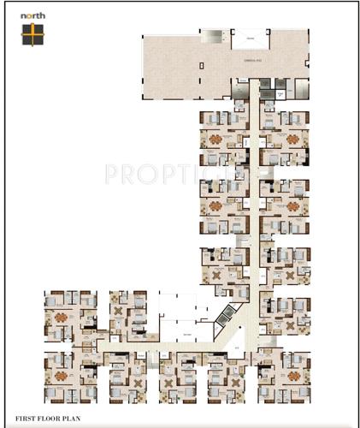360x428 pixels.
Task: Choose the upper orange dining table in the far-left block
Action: [x=60, y=314]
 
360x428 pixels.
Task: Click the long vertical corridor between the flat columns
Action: [x=254, y=214]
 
